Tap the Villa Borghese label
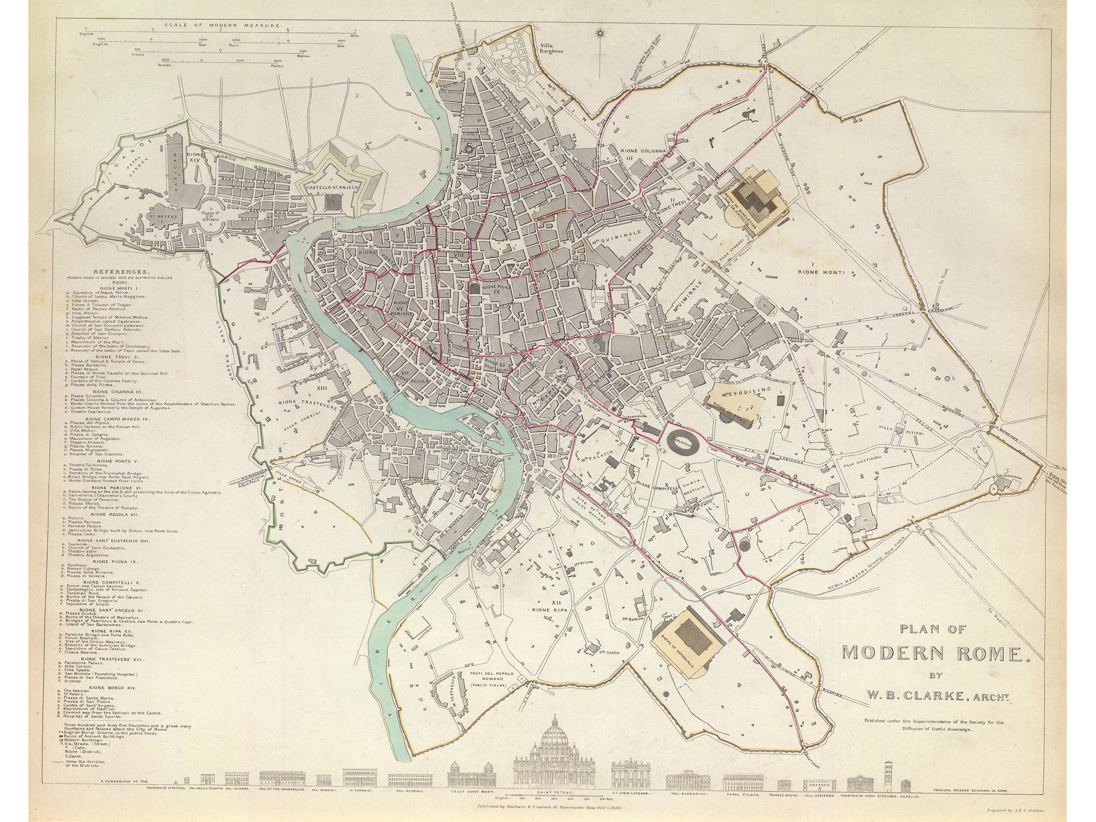coord(551,48)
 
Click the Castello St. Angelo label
coord(328,188)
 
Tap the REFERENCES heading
coord(121,272)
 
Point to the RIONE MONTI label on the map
coord(821,272)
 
